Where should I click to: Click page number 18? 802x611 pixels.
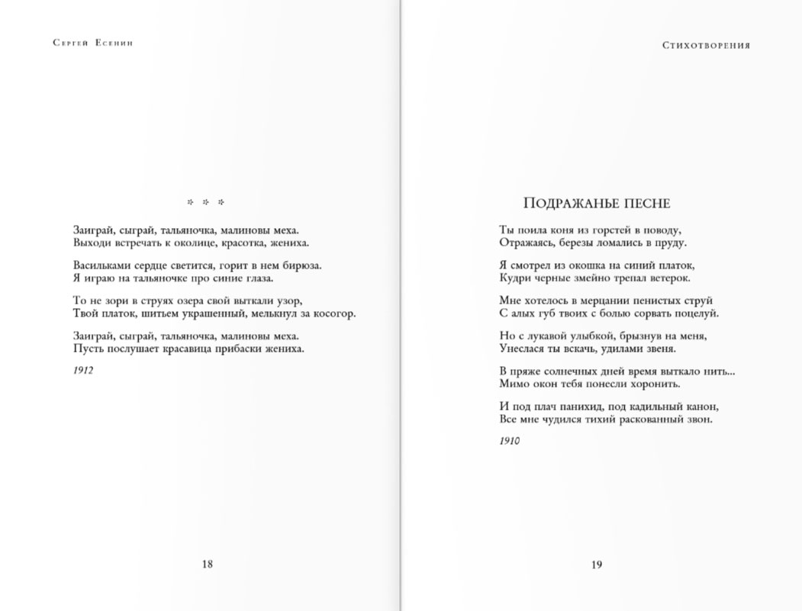tap(207, 564)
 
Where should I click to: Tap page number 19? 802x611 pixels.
tap(597, 564)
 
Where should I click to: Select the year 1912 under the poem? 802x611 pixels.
tap(83, 370)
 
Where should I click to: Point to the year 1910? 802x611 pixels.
tap(510, 441)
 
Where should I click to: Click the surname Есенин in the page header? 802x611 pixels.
tap(115, 44)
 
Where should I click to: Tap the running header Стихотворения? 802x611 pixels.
tap(706, 45)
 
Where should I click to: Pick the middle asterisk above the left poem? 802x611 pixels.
tap(206, 203)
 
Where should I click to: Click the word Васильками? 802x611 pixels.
tap(98, 265)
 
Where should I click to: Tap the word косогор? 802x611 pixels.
tap(333, 314)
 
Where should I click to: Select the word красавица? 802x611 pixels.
tap(194, 349)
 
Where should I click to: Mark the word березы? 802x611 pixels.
tap(577, 243)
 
